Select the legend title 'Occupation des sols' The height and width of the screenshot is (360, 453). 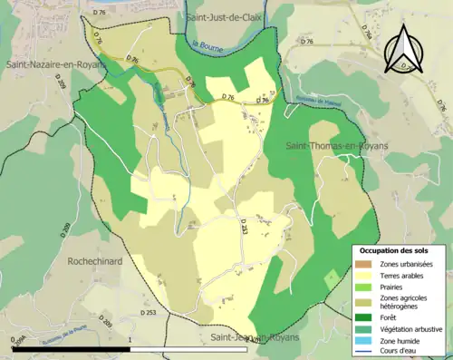click(395, 249)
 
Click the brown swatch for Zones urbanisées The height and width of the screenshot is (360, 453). click(364, 263)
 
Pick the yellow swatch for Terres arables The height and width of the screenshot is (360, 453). click(364, 275)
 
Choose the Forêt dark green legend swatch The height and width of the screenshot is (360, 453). click(364, 316)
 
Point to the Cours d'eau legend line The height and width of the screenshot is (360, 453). click(364, 350)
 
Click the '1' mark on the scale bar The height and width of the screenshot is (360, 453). click(130, 340)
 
